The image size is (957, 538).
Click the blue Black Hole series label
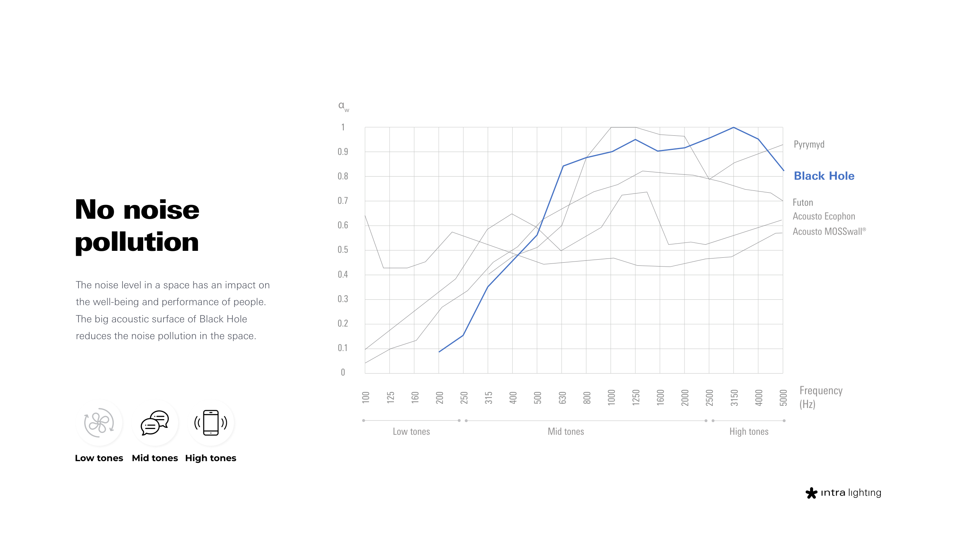tap(824, 176)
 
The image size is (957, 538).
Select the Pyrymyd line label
tap(809, 145)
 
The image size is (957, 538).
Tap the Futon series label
tap(803, 202)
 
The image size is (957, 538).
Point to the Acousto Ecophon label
tap(824, 216)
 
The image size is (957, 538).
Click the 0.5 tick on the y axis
tap(343, 250)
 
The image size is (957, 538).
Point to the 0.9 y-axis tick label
tap(343, 152)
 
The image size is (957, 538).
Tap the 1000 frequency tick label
tap(611, 398)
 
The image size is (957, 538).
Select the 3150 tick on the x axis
tap(734, 398)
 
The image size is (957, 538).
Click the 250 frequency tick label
tap(464, 398)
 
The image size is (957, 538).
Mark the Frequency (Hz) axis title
tap(821, 398)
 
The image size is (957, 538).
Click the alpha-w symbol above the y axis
tap(343, 106)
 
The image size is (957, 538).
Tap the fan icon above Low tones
tap(99, 423)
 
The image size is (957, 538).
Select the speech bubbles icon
tap(155, 423)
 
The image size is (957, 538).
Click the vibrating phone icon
tap(211, 423)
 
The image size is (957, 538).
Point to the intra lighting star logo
tap(811, 493)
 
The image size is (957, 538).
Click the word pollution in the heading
tap(137, 242)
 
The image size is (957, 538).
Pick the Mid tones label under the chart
tap(566, 432)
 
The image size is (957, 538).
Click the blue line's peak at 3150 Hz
tap(733, 127)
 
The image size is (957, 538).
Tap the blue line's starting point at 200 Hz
tap(439, 352)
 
